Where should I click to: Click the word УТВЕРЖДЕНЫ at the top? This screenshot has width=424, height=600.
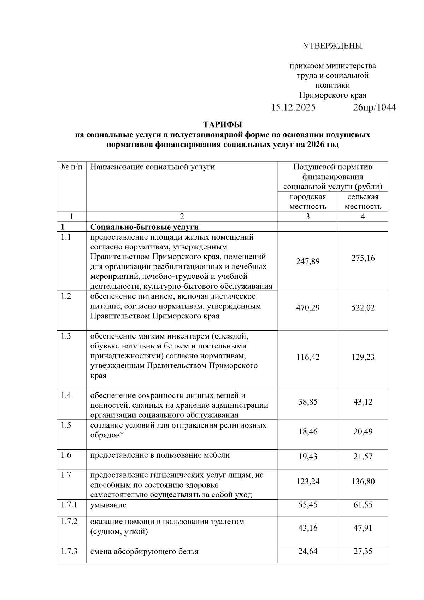tap(333, 46)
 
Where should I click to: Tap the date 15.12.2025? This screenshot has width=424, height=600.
tap(293, 107)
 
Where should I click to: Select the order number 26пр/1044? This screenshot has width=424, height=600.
tap(375, 107)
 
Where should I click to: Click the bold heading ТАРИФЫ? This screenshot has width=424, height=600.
tap(223, 125)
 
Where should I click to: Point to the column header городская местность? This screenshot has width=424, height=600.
tap(308, 201)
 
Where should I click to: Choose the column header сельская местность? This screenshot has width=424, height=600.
tap(363, 201)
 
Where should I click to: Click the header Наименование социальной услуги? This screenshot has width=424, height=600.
tap(153, 166)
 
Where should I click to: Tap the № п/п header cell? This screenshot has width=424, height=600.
tap(71, 166)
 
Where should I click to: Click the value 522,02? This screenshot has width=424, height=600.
tap(363, 307)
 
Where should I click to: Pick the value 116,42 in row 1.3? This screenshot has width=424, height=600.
tap(308, 357)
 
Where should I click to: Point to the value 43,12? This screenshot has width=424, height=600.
tap(363, 402)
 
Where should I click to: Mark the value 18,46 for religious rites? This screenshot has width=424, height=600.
tap(308, 431)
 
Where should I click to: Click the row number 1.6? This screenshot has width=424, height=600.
tap(66, 455)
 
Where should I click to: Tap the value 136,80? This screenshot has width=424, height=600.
tap(363, 481)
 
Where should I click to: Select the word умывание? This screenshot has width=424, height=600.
tap(108, 505)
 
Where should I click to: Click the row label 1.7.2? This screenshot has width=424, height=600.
tap(69, 522)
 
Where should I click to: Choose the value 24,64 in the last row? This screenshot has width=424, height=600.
tap(308, 551)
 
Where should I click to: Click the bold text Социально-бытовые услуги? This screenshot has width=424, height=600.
tap(144, 227)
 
